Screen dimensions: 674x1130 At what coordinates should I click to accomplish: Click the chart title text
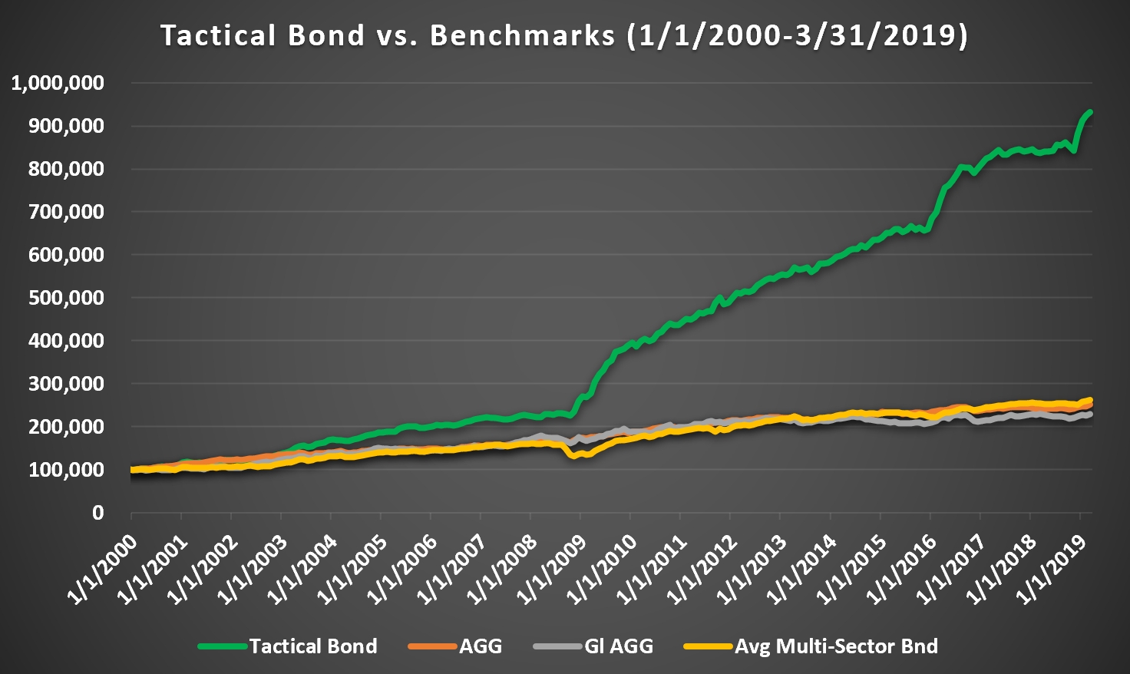click(x=564, y=36)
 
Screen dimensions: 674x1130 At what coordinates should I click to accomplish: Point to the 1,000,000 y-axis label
click(x=58, y=83)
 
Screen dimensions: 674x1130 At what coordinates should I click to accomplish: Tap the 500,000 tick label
click(x=67, y=298)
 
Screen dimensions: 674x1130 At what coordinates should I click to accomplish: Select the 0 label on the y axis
click(x=97, y=513)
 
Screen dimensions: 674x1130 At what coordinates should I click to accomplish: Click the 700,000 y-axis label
click(x=67, y=212)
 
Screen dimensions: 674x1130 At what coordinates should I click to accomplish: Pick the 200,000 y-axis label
click(x=67, y=427)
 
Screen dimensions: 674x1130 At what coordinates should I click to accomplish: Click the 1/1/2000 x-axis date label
click(x=104, y=568)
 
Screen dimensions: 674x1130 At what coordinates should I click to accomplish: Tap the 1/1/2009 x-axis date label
click(x=553, y=568)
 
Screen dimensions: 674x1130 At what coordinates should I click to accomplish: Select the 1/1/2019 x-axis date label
click(x=1052, y=568)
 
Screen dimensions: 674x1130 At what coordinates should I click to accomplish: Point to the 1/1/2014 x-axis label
click(x=802, y=568)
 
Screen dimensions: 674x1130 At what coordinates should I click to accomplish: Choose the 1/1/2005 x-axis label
click(x=353, y=568)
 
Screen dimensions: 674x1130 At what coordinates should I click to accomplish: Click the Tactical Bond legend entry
click(x=313, y=646)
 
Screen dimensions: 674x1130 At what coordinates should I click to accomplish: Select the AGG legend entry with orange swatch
click(x=481, y=646)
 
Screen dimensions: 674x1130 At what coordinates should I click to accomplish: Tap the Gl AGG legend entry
click(x=619, y=646)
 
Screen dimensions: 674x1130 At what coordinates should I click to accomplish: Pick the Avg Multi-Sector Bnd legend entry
click(x=836, y=646)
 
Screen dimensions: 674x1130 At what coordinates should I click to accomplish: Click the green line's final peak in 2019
click(x=1090, y=112)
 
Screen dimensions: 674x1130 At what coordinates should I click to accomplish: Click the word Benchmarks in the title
click(x=522, y=36)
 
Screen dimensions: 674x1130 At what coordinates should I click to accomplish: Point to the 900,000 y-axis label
click(x=67, y=126)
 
